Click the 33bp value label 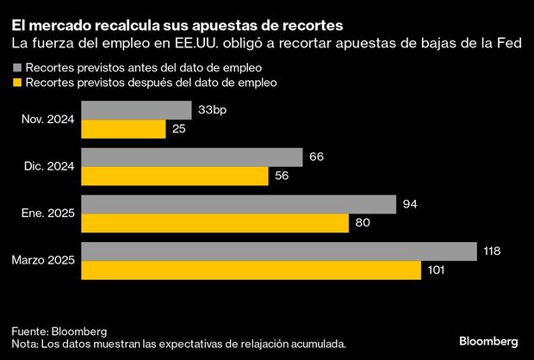pos(212,110)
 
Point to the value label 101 pos(438,270)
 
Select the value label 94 pos(410,204)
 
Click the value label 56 pos(283,176)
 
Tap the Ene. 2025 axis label pos(51,214)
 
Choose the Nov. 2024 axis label pos(52,120)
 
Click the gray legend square pos(16,66)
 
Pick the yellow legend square pos(16,83)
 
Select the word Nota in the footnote pos(25,344)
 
